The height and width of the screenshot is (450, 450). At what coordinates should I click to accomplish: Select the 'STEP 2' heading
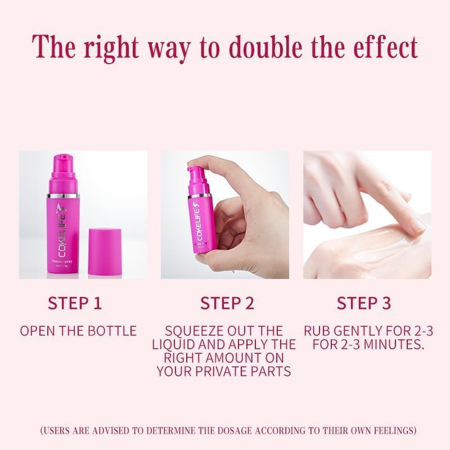(227, 303)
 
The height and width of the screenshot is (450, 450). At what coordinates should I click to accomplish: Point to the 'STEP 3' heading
(363, 303)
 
